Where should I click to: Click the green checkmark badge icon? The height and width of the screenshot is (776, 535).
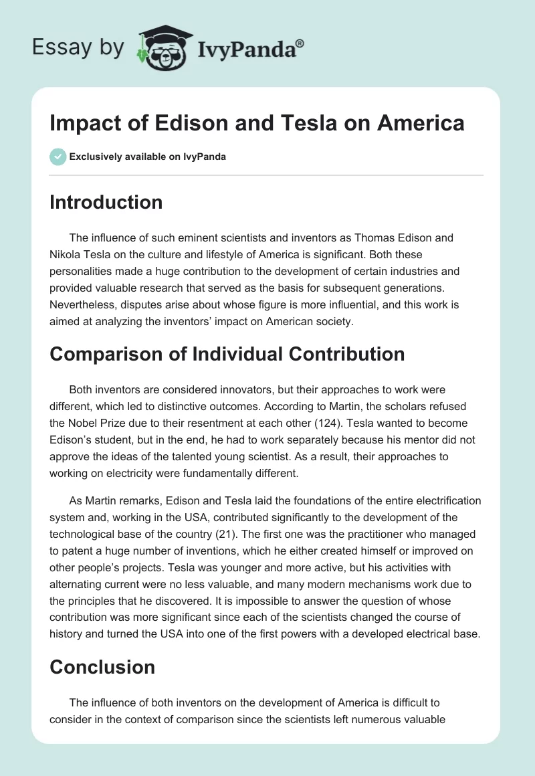pyautogui.click(x=58, y=157)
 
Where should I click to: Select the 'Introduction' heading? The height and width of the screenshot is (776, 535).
pyautogui.click(x=106, y=202)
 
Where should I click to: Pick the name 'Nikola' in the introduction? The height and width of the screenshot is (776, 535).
pyautogui.click(x=67, y=254)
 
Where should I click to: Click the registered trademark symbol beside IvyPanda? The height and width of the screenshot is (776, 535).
pyautogui.click(x=300, y=43)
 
